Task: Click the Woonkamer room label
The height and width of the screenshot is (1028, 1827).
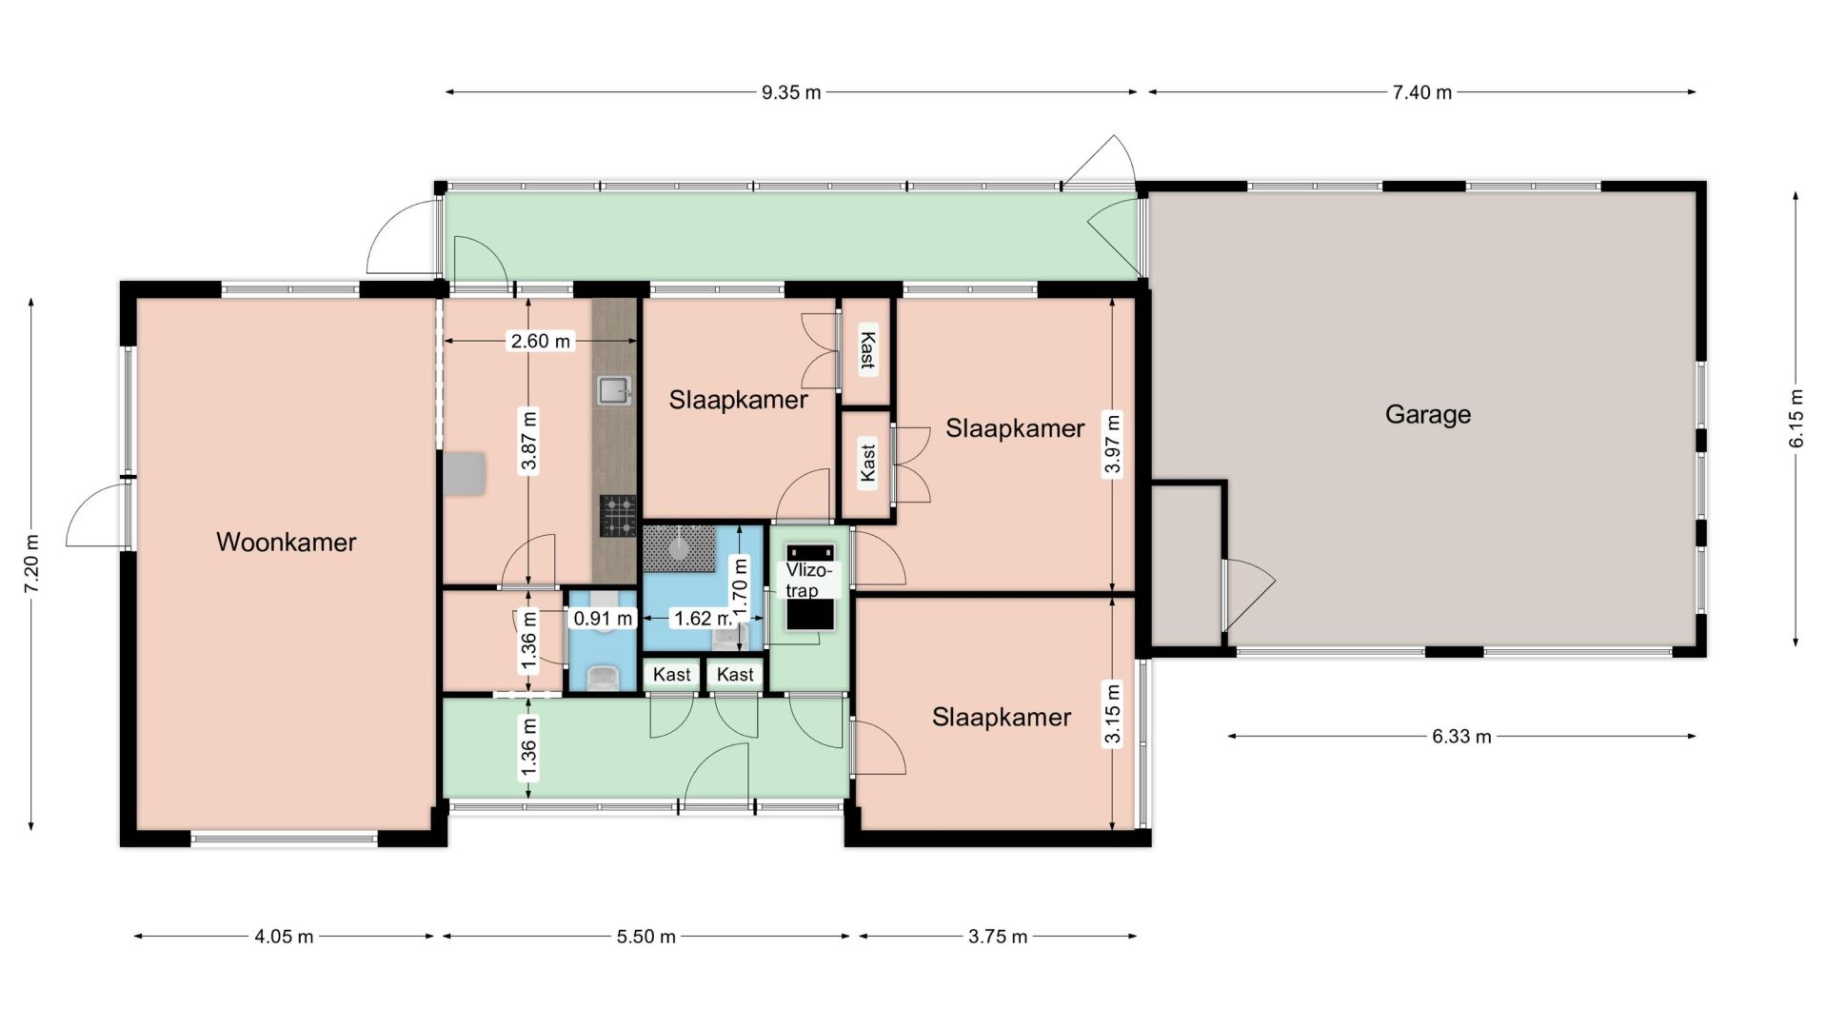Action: (x=286, y=543)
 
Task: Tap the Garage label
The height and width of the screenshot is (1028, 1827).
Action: (x=1427, y=415)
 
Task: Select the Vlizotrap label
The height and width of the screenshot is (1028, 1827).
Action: (x=808, y=580)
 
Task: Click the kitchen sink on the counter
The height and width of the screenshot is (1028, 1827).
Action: (x=614, y=389)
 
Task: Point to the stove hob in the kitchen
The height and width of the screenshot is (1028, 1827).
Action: (x=618, y=516)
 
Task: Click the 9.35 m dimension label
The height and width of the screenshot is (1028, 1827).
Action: (x=790, y=92)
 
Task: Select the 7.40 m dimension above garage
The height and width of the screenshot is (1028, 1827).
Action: (x=1422, y=92)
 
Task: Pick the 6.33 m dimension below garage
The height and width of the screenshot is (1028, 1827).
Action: (x=1461, y=736)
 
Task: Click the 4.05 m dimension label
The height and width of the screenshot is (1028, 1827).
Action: (x=284, y=937)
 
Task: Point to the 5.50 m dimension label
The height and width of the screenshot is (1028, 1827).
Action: (x=645, y=937)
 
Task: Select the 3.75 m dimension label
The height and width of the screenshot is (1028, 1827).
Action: (x=998, y=937)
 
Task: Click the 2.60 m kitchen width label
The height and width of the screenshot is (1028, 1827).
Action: (x=541, y=341)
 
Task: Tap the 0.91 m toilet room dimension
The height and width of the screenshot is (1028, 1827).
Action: (x=603, y=619)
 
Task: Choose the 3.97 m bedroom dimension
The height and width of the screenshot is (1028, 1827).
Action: (x=1112, y=444)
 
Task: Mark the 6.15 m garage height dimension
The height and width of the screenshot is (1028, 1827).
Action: (x=1796, y=419)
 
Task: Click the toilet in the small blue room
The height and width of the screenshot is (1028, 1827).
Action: (x=604, y=677)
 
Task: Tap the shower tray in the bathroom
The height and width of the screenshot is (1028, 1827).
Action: (x=679, y=548)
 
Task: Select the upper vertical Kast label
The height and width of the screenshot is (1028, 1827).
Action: (x=866, y=349)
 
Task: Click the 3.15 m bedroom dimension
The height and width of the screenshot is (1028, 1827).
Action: (x=1112, y=714)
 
